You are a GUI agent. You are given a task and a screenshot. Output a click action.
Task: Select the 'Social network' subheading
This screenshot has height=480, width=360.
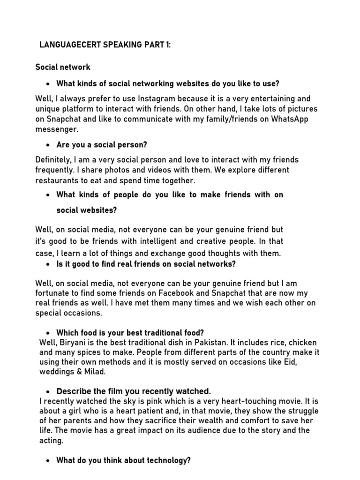point(63,67)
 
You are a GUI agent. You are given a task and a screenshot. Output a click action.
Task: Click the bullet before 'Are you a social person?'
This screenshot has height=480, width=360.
point(48,145)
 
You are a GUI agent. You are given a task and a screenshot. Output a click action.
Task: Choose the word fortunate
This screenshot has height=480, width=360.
point(55,294)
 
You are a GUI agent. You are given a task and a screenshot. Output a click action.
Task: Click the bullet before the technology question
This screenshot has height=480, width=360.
point(48,461)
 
